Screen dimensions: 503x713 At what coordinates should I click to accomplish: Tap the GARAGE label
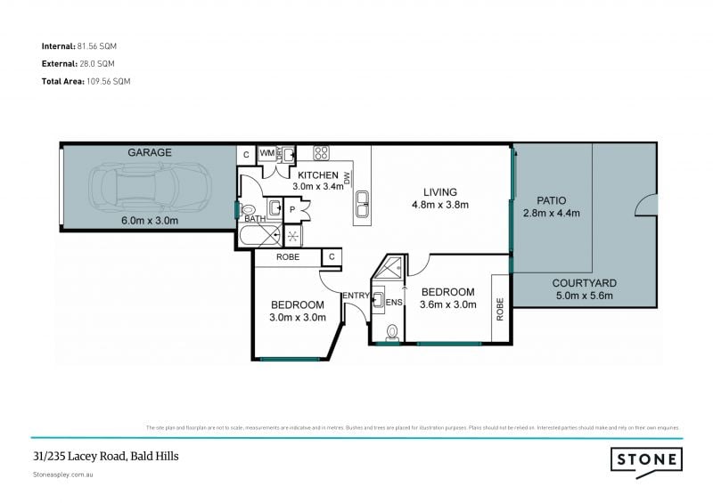[x=149, y=152]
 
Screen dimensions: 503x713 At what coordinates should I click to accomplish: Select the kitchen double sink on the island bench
[x=363, y=209]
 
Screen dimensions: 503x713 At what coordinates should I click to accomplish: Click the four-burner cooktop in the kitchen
[x=321, y=152]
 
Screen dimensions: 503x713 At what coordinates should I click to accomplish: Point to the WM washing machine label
[x=266, y=153]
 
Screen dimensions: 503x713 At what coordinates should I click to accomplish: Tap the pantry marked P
[x=292, y=209]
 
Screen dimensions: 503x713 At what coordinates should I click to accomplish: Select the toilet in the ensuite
[x=392, y=332]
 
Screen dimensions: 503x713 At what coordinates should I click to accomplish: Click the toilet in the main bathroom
[x=248, y=209]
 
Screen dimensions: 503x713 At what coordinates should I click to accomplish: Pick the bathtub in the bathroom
[x=258, y=236]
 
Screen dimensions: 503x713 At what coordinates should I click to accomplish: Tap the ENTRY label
[x=356, y=296]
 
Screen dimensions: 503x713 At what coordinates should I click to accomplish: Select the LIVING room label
[x=440, y=192]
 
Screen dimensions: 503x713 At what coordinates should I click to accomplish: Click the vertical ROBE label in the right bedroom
[x=499, y=309]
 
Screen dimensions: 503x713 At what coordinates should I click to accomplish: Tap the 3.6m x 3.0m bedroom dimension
[x=447, y=305]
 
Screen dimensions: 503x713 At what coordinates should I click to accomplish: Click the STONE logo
[x=646, y=459]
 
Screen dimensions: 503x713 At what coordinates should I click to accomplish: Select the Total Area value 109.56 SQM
[x=114, y=81]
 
